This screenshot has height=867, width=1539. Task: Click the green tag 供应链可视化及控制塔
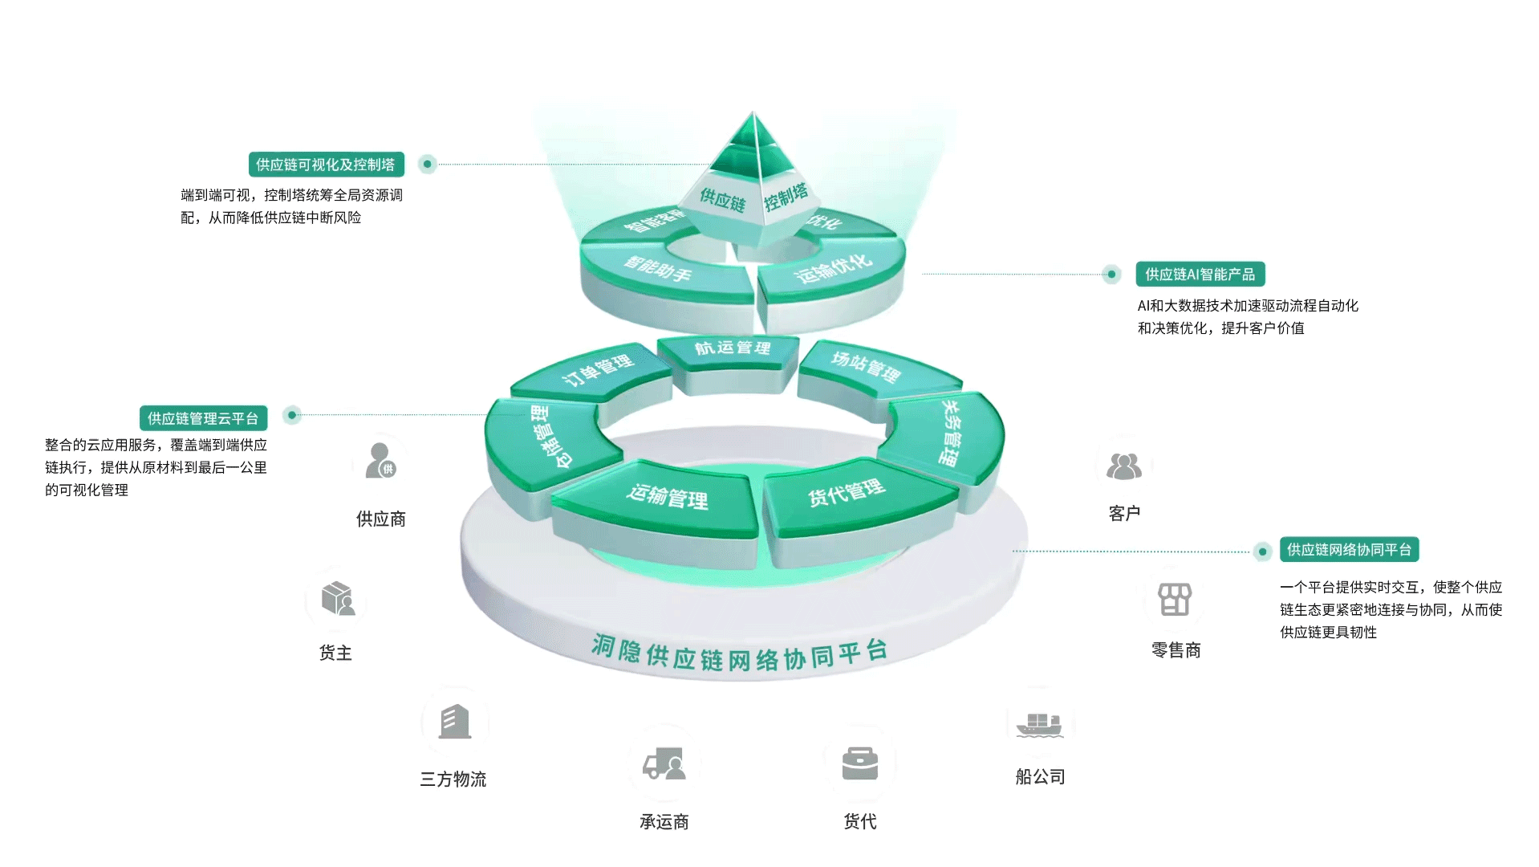click(326, 165)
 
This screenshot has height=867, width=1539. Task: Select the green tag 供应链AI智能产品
click(1200, 275)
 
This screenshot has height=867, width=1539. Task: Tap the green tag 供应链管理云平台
click(203, 418)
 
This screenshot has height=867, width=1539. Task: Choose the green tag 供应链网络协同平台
click(1349, 550)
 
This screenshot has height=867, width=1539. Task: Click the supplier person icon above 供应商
click(380, 461)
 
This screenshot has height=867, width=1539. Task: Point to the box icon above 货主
click(337, 599)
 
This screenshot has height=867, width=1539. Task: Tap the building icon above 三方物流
click(454, 722)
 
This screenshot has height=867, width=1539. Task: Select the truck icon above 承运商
click(664, 763)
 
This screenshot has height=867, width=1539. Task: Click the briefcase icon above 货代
click(859, 763)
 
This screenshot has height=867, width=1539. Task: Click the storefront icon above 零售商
click(1175, 600)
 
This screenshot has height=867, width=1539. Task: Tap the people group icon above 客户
click(1123, 466)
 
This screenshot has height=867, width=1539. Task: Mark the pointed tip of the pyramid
click(753, 113)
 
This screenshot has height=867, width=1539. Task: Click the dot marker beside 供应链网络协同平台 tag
click(1262, 552)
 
